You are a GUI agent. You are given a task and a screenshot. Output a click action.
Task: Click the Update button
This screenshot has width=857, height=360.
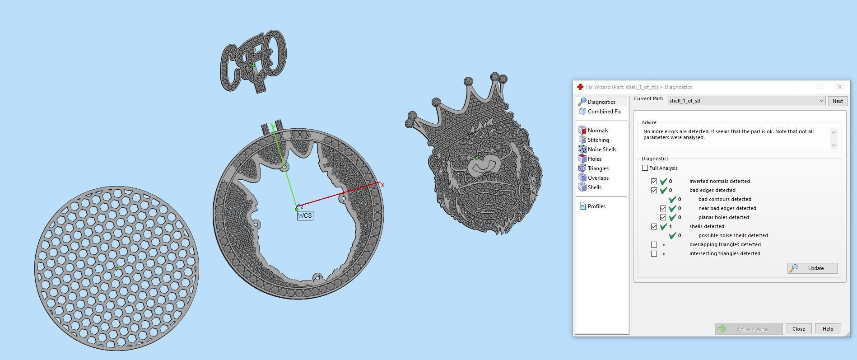pos(812,268)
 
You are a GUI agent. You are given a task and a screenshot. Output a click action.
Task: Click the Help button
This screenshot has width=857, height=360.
pos(827,329)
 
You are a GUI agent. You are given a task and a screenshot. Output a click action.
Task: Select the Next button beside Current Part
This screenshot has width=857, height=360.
pos(837,101)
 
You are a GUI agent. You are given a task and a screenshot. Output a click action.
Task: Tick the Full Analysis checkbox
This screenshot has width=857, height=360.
pos(645,168)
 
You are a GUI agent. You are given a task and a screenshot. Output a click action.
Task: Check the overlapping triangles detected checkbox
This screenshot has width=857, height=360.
pos(654,244)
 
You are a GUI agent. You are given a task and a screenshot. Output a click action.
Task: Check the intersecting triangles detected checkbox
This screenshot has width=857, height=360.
pos(654,253)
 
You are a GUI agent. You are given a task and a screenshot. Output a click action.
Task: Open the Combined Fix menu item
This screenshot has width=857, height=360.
pos(604,112)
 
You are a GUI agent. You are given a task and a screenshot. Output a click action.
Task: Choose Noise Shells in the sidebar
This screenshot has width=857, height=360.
pos(601,150)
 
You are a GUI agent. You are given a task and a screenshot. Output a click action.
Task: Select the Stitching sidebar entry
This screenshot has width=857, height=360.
pos(598,140)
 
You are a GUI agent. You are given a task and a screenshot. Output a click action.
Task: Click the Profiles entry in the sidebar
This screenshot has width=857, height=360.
pos(596,206)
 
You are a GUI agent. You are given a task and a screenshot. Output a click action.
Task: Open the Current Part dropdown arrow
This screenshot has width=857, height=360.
pos(821,101)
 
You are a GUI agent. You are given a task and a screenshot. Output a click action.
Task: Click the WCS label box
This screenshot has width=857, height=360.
pos(305,215)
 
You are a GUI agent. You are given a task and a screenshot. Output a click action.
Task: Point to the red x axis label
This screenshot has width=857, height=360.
pos(382,185)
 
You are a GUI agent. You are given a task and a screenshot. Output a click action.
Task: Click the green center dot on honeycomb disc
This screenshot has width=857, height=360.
pos(116,269)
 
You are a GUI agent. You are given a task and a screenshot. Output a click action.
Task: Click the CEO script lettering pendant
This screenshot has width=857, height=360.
pos(253,61)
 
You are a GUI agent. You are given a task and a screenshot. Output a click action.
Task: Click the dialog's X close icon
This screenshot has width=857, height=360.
pos(839,87)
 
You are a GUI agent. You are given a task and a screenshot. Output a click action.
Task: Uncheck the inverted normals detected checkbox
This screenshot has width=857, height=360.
pos(654,181)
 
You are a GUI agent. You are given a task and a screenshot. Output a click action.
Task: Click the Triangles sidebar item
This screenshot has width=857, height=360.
pos(598,168)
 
